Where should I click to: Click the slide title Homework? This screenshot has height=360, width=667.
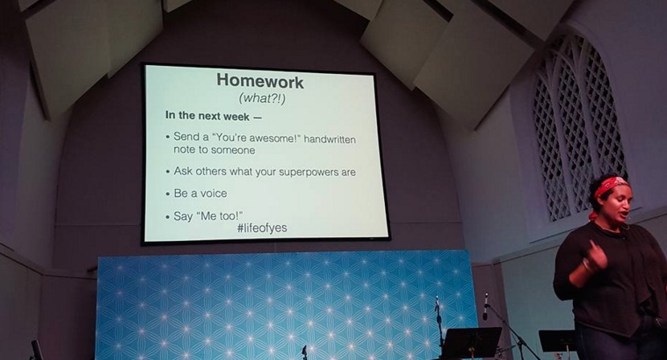tap(260, 81)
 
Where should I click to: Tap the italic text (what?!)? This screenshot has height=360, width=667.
tap(262, 98)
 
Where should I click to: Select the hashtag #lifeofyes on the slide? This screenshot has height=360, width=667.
tap(262, 228)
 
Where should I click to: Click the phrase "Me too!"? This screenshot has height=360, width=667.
tap(219, 215)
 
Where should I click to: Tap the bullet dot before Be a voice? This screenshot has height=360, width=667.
tap(168, 194)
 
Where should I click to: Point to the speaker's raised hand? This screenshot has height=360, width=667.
tap(596, 255)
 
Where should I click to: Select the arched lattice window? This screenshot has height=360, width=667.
tap(579, 128)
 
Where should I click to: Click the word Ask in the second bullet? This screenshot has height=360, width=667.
tap(183, 171)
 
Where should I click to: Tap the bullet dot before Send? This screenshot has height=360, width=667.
tap(168, 137)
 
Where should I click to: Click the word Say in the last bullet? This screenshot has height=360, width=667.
tap(183, 217)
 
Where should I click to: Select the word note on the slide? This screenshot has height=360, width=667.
tap(182, 149)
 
